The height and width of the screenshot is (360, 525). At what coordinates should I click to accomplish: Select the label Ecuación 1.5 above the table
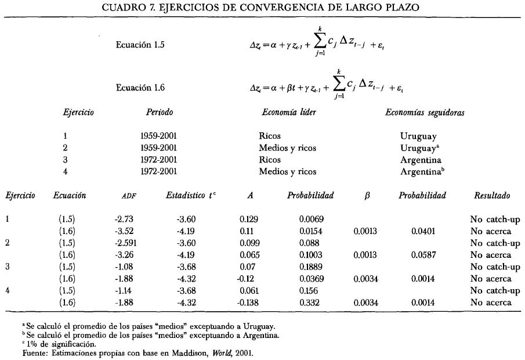[140, 45]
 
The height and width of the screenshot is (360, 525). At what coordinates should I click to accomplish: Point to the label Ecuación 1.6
[140, 88]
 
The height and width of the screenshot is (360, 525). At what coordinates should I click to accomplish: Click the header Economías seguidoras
[417, 113]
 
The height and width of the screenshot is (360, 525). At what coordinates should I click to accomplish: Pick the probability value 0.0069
[311, 219]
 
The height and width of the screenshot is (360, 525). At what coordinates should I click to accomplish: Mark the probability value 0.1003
[311, 255]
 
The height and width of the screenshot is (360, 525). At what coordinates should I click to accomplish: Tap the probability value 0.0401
[422, 231]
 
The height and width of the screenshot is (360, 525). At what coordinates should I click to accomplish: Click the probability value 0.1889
[311, 267]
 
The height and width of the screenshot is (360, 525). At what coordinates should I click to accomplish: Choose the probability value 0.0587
[422, 255]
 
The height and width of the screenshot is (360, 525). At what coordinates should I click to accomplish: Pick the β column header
[366, 196]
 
